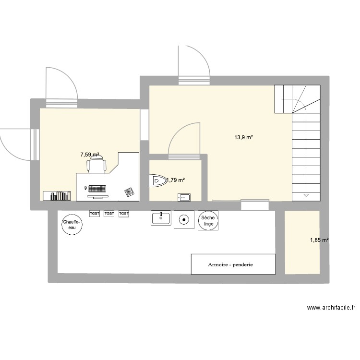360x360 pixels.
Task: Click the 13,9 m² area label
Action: [243, 137]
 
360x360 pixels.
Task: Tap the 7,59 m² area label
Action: [90, 155]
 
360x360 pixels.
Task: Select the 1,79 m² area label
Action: [176, 180]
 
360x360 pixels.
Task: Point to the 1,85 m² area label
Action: [319, 240]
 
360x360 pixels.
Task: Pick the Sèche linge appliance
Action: [209, 221]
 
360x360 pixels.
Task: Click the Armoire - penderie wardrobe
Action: [233, 264]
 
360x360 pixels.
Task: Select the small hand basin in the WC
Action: [183, 196]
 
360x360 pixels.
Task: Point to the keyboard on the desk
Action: [98, 188]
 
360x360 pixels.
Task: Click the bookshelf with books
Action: [57, 195]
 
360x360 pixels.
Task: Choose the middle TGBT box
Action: [109, 213]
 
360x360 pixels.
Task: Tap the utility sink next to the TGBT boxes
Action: [161, 218]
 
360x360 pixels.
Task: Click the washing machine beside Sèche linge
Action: [183, 220]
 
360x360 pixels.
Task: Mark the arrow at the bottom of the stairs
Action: [306, 195]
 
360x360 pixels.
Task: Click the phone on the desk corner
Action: [129, 192]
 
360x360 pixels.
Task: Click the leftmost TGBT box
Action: [94, 213]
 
